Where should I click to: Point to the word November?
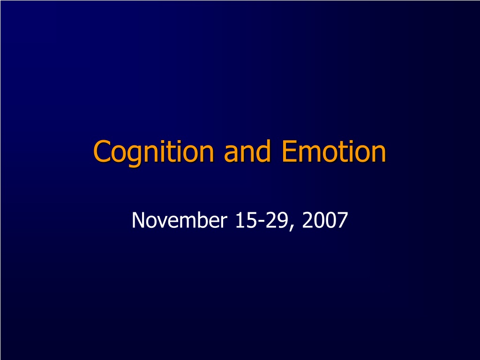click(180, 220)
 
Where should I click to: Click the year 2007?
click(325, 220)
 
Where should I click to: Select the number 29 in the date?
click(277, 220)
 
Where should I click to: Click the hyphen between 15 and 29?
click(261, 222)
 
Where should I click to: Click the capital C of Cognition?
click(102, 151)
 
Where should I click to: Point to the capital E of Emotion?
click(289, 151)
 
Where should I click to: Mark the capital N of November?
click(138, 220)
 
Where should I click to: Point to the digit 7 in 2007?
click(343, 220)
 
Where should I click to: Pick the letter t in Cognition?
click(175, 152)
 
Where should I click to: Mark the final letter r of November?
click(224, 222)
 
